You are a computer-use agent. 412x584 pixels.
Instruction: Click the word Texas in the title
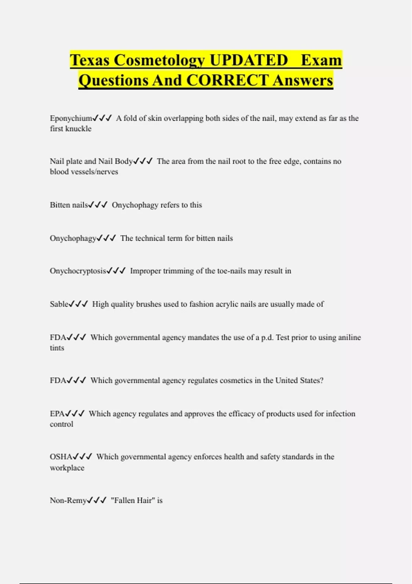point(90,60)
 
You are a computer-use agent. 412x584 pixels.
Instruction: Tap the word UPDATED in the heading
point(249,60)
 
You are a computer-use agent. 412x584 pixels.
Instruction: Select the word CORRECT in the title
point(227,80)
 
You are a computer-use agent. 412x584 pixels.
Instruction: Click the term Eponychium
point(71,119)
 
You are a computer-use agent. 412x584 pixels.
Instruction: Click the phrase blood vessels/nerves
point(84,172)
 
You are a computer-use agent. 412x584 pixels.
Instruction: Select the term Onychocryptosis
point(78,271)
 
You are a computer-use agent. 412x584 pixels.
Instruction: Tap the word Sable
point(59,304)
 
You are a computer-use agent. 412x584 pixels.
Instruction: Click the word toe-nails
point(231,271)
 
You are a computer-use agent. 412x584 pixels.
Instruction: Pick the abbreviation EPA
point(57,414)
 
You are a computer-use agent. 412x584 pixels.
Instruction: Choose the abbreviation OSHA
point(61,457)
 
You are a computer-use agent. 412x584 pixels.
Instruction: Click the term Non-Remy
point(68,501)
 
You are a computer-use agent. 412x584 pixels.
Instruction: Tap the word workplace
point(67,468)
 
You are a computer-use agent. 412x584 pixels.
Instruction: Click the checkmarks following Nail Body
point(143,161)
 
